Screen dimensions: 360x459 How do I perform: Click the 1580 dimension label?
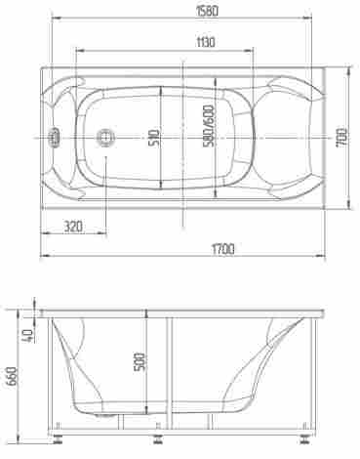(x=207, y=12)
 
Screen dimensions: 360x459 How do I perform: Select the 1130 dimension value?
(x=206, y=42)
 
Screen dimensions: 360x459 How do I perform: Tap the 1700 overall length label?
(x=223, y=249)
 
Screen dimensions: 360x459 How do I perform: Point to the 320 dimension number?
(x=73, y=227)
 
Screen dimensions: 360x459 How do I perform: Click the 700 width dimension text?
(x=341, y=138)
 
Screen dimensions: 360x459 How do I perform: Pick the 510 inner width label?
(x=154, y=138)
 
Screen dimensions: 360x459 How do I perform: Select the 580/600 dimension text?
(x=209, y=126)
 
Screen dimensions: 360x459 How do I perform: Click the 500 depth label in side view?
(x=140, y=361)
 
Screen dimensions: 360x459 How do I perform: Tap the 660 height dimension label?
(x=12, y=377)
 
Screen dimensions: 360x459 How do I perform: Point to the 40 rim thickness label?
(x=28, y=335)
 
